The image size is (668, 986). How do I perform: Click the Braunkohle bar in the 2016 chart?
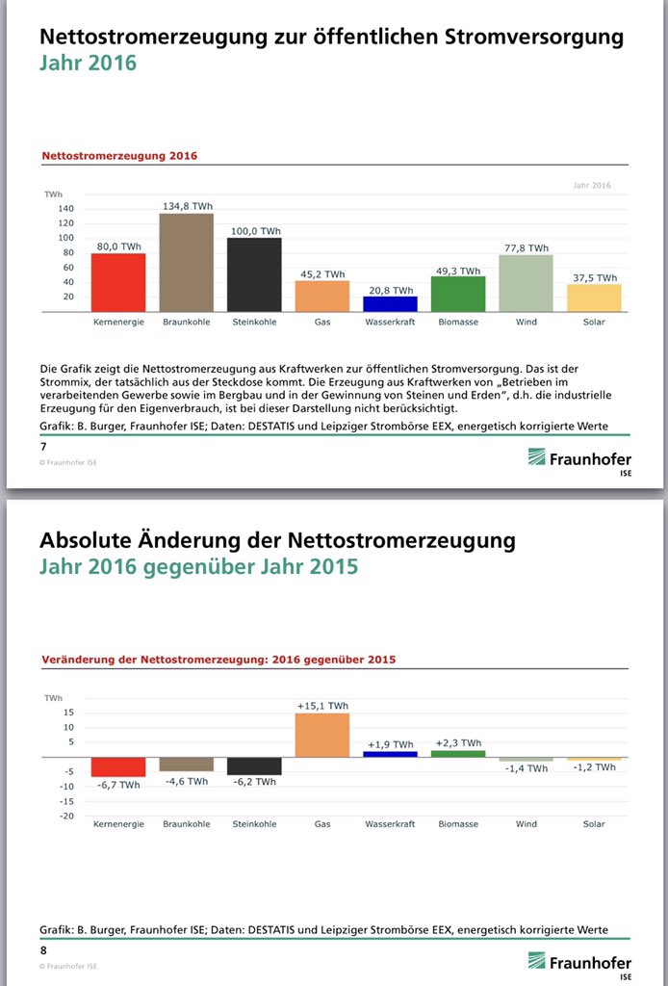point(186,262)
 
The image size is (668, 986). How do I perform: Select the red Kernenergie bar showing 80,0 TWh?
point(117,282)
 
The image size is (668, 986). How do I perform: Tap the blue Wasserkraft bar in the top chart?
point(390,303)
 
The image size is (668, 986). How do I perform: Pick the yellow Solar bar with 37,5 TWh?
point(594,298)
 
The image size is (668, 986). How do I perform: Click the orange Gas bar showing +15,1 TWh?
point(321,735)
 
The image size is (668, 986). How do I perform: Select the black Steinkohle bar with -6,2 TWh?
point(254,766)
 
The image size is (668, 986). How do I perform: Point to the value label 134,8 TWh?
point(186,205)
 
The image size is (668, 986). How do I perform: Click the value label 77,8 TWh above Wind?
point(526,247)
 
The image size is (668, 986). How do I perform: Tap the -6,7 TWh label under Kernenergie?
point(118,786)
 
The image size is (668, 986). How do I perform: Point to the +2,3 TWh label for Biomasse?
point(457,743)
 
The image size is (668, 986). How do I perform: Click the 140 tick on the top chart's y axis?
point(65,208)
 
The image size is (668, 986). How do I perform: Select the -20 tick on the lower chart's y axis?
point(65,817)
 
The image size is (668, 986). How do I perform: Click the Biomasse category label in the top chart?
point(457,322)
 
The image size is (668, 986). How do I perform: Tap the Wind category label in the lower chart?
point(526,824)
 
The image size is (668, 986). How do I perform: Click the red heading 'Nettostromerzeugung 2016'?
point(119,155)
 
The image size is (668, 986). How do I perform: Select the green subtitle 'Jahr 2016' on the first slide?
point(88,64)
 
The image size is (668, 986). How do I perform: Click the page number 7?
point(42,447)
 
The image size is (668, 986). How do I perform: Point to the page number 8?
point(42,950)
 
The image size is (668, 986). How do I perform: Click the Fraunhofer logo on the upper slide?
point(578,459)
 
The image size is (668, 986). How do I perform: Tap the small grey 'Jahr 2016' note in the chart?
point(591,185)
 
